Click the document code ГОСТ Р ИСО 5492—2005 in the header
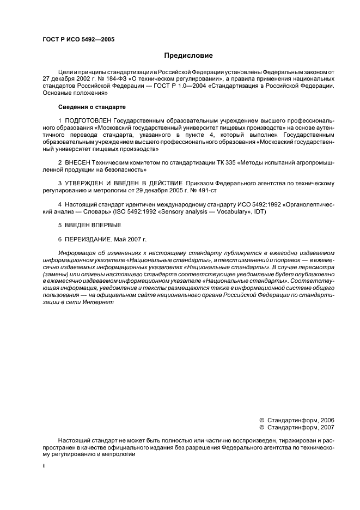click(78, 39)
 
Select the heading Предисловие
click(188, 56)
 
